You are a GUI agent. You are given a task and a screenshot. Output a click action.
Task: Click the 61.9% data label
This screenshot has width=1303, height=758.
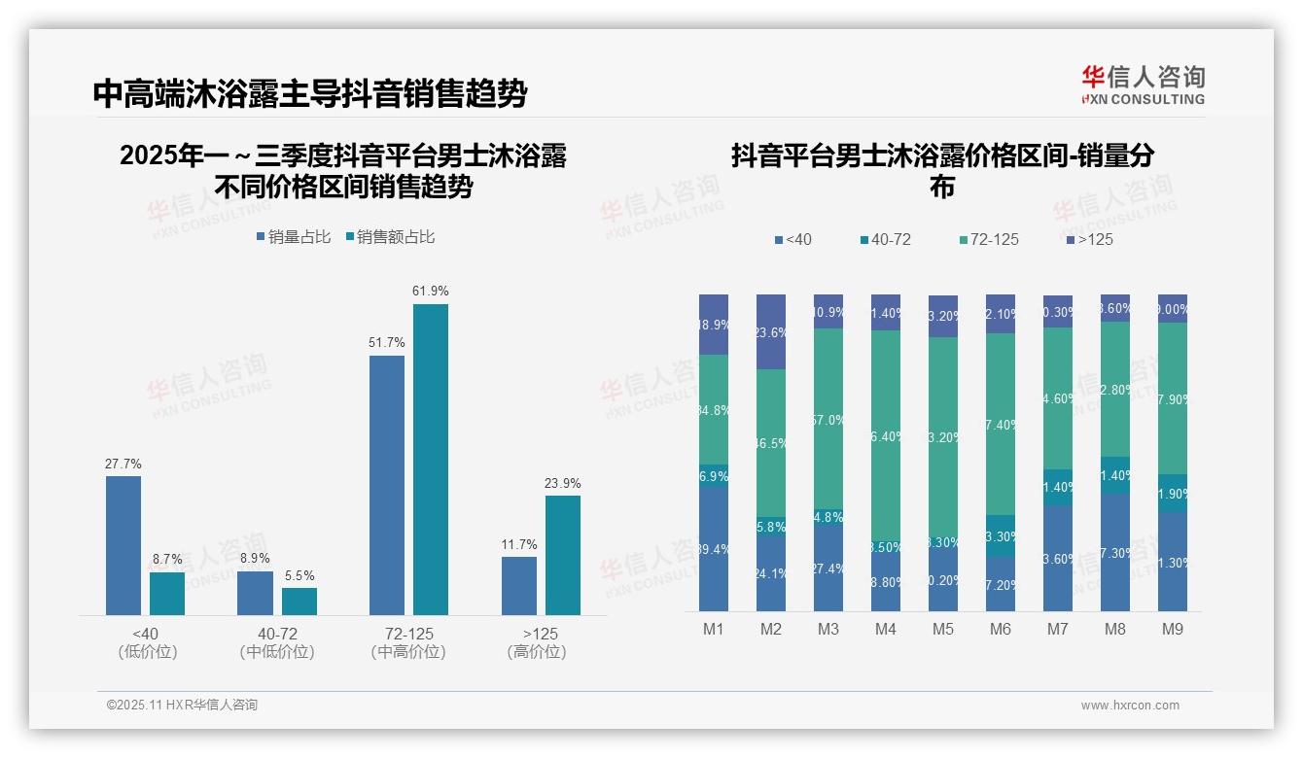(431, 291)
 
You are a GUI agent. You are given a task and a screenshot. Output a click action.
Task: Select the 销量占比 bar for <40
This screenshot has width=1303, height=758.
(123, 545)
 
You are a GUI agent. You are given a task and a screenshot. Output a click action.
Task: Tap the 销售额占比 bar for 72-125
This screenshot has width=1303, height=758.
(431, 459)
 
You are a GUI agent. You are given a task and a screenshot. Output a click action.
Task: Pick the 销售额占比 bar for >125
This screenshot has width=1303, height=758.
(563, 555)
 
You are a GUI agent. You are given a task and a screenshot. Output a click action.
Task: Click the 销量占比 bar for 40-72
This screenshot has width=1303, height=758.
(255, 593)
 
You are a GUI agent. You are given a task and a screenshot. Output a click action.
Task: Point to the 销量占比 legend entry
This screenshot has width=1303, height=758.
(294, 237)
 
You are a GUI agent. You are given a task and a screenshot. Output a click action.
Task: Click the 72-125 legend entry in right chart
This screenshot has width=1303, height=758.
(988, 239)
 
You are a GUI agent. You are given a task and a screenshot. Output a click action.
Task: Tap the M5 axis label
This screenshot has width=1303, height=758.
(943, 630)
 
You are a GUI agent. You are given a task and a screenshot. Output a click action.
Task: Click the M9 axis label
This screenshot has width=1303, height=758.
(1173, 630)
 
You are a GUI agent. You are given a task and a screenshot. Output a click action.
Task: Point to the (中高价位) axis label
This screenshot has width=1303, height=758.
(408, 652)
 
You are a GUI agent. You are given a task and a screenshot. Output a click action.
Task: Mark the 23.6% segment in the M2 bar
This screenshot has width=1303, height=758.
(771, 332)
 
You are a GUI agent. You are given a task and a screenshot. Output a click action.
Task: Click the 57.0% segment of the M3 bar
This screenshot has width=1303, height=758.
(828, 420)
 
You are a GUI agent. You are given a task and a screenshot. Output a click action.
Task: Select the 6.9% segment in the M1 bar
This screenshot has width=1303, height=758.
(714, 476)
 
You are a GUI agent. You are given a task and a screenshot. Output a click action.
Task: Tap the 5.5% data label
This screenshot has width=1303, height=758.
(299, 576)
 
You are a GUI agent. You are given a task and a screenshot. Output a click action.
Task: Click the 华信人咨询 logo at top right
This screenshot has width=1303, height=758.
(1143, 86)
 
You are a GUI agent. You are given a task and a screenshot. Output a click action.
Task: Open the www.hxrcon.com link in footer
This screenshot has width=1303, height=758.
(1130, 706)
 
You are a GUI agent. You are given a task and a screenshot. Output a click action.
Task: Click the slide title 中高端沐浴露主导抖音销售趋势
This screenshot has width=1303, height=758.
(310, 93)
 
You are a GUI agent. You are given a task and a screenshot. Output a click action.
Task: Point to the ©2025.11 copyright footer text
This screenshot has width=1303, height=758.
(182, 706)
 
